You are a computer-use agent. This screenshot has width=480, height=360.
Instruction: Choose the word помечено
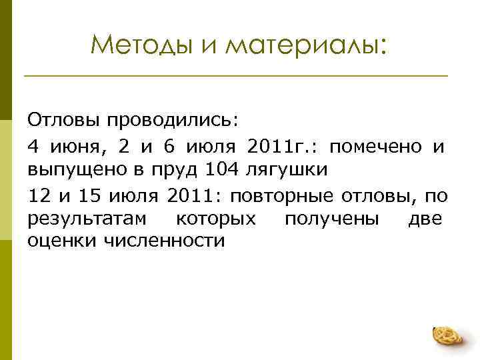376,145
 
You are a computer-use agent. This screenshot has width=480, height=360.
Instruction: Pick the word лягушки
287,169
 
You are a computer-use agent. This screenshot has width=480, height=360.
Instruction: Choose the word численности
165,241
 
